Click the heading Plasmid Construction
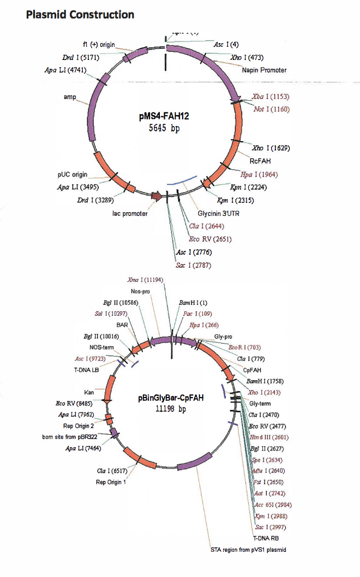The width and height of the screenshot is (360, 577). click(x=80, y=15)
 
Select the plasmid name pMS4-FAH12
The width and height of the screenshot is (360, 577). click(x=164, y=117)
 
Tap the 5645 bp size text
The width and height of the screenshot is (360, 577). click(x=164, y=129)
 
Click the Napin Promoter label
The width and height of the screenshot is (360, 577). click(x=264, y=70)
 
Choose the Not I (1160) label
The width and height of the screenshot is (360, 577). click(x=271, y=109)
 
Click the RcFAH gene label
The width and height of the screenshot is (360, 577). click(x=260, y=161)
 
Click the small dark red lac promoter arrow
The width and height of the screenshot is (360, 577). click(x=156, y=196)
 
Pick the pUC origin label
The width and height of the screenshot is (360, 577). click(x=73, y=175)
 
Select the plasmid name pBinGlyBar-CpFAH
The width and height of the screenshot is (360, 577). click(x=171, y=398)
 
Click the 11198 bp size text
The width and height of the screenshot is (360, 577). click(x=171, y=410)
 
